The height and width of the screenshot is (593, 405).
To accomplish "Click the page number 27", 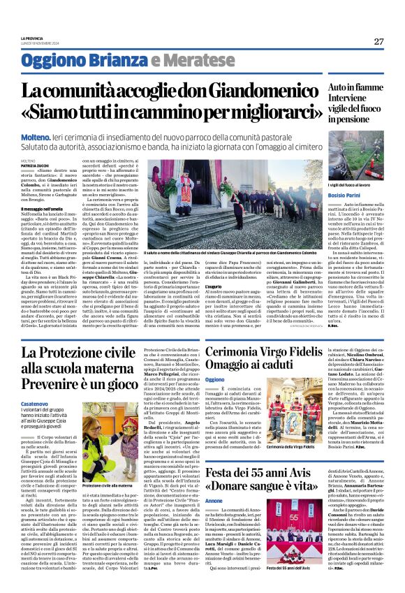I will click(x=378, y=41).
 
